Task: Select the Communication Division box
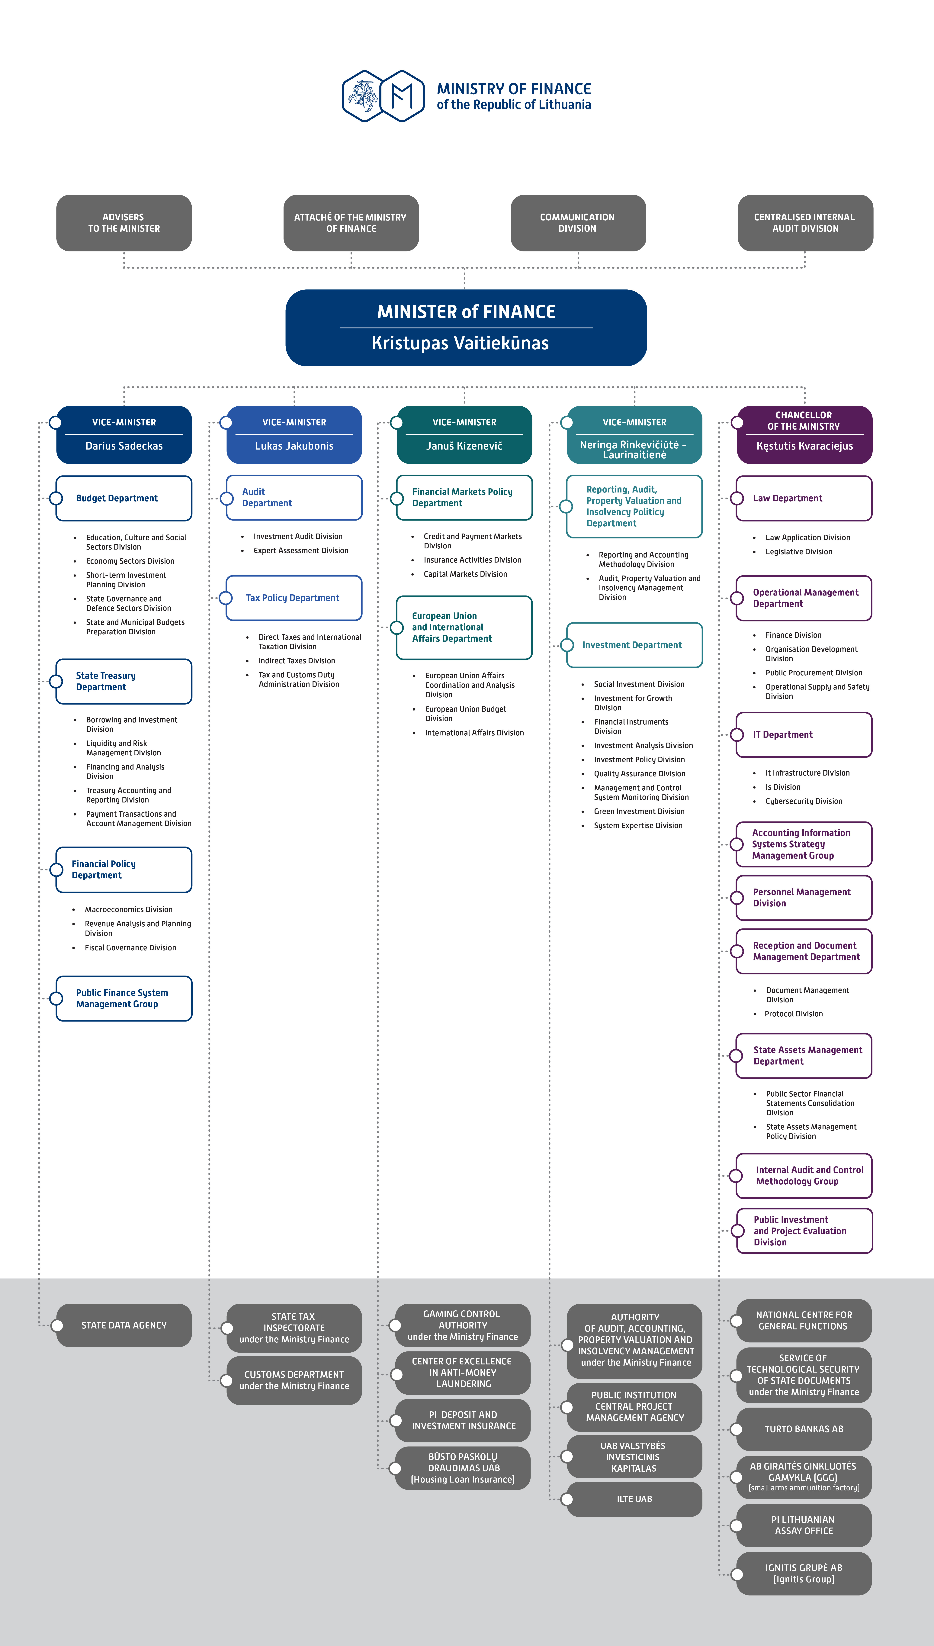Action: (x=578, y=223)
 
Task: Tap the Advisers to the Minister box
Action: (x=124, y=223)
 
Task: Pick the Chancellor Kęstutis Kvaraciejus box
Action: (x=804, y=434)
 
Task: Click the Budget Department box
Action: (x=124, y=498)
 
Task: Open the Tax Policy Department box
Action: (x=294, y=597)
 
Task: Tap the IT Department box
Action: (x=804, y=735)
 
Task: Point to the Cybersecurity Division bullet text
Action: (x=804, y=802)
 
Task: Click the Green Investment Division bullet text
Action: (x=639, y=812)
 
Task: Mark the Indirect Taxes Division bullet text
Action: (x=296, y=661)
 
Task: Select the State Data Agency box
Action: (x=124, y=1325)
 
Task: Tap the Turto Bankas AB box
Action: (x=804, y=1429)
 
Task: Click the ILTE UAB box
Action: (x=634, y=1499)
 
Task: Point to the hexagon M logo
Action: (x=402, y=96)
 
